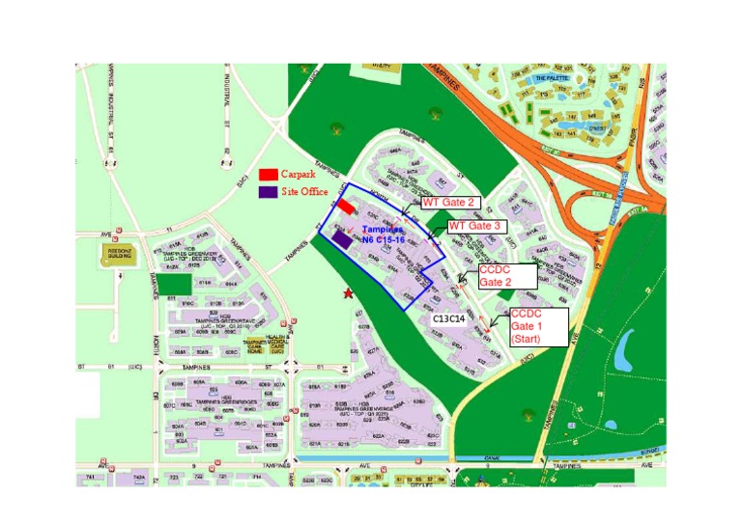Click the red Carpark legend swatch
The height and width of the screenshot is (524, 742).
(x=269, y=174)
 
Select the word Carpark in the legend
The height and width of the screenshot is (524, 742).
(x=298, y=174)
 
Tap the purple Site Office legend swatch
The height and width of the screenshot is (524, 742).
(x=269, y=191)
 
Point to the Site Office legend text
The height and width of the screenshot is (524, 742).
(x=304, y=192)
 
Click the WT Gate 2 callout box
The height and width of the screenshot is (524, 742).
(x=447, y=203)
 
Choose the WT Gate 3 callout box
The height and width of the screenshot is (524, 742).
(x=475, y=225)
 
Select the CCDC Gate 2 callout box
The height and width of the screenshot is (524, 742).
(x=507, y=275)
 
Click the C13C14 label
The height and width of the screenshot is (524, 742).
(x=449, y=317)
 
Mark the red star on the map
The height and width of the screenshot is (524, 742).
(x=348, y=292)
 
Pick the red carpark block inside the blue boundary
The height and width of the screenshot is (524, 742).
(x=345, y=207)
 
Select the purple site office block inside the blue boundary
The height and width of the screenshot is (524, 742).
(x=341, y=238)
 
